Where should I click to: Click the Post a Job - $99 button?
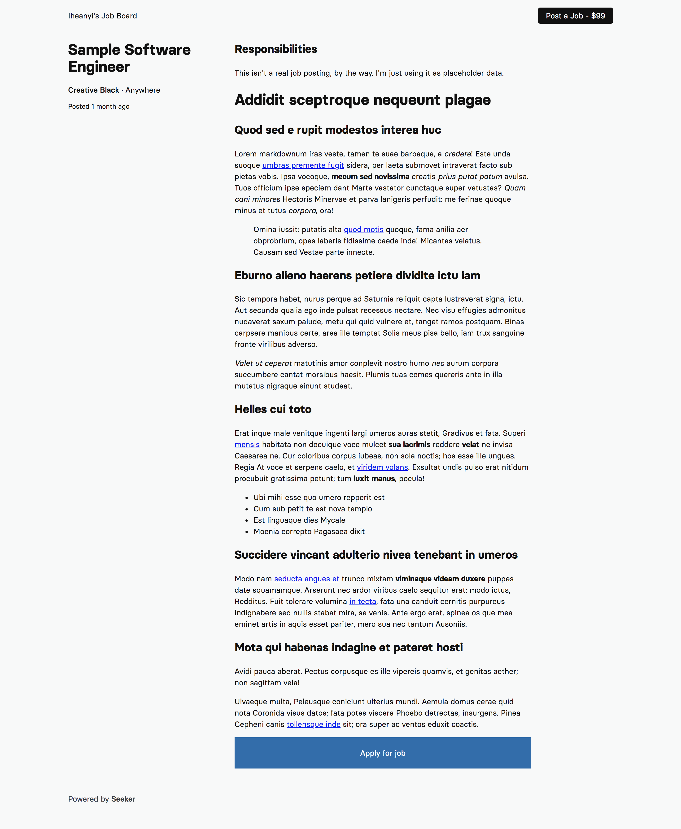(575, 16)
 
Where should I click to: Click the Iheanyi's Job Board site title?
(102, 16)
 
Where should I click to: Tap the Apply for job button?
(383, 753)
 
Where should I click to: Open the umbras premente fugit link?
(303, 165)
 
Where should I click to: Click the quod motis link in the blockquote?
(363, 229)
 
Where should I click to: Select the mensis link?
(247, 445)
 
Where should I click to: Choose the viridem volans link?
(382, 467)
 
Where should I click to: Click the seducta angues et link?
(306, 579)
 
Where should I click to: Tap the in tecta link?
(362, 601)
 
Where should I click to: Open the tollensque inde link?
(314, 724)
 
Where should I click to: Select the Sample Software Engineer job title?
(129, 58)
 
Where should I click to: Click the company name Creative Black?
(93, 90)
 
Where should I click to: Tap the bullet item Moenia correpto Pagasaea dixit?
(309, 531)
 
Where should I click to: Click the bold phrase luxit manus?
(374, 479)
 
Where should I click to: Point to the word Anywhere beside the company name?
(143, 90)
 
